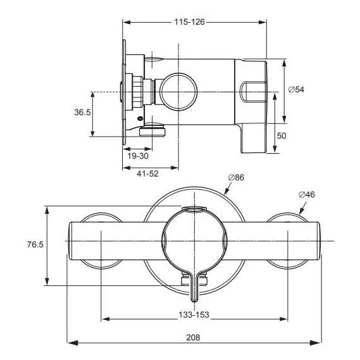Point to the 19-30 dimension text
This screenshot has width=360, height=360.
(137, 156)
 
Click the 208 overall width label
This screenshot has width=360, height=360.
(194, 338)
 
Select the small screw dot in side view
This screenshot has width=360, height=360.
(140, 119)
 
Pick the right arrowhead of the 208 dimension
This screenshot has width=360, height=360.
(317, 344)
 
